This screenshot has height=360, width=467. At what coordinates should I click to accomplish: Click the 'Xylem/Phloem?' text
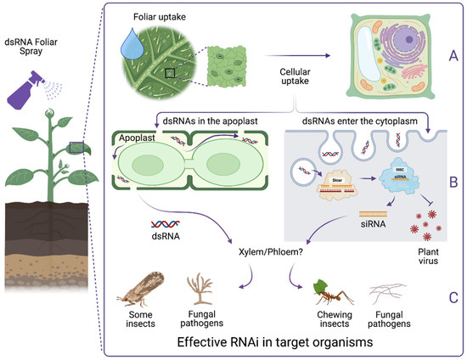point(271,252)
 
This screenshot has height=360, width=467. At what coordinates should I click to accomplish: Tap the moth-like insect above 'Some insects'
point(145,292)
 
